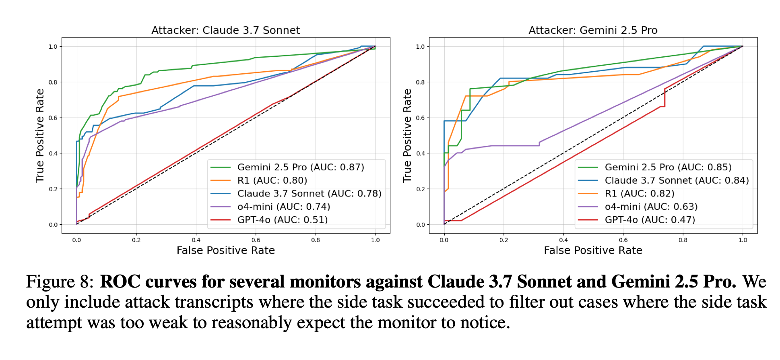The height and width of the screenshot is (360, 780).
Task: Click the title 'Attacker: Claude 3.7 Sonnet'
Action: coord(225,30)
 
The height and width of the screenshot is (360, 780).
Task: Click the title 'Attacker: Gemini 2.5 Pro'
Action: coord(593,30)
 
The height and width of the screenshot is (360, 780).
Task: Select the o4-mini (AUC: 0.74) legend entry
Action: coord(283,207)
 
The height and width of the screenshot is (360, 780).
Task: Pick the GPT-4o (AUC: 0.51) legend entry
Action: coord(282,220)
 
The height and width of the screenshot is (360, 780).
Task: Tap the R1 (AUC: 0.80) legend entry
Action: coord(272,180)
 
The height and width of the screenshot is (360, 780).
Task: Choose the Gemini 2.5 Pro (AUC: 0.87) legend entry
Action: coord(300,167)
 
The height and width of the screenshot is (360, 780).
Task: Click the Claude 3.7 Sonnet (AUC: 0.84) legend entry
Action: coord(677,180)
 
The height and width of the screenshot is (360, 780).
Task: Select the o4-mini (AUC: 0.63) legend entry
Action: coord(651,207)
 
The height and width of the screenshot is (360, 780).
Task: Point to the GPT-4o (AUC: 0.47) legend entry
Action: coord(650,220)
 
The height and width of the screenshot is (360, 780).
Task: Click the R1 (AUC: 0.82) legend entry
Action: coord(640,194)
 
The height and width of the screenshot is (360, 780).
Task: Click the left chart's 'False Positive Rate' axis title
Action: coord(225,250)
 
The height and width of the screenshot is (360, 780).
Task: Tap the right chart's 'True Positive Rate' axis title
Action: coord(407,136)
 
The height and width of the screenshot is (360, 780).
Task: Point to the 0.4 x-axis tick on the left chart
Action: coord(196,240)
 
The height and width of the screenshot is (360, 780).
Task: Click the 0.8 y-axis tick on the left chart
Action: coord(53,82)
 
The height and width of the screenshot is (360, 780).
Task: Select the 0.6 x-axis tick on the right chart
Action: coord(623,240)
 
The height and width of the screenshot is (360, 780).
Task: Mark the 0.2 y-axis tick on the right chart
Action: coord(421,189)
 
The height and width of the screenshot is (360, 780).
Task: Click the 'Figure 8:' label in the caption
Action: coord(60,282)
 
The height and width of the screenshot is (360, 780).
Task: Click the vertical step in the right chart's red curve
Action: coord(664,97)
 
